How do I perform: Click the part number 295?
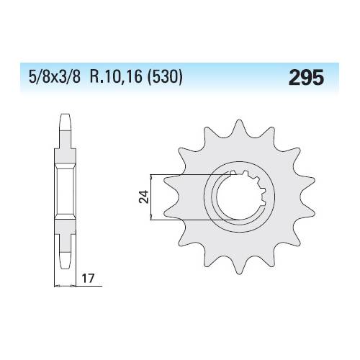[307, 77]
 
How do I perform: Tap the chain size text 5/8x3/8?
[54, 77]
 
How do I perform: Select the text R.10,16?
[117, 77]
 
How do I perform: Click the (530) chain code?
[165, 77]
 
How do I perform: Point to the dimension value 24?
[144, 197]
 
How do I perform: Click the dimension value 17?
[89, 279]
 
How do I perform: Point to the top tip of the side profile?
[66, 114]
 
